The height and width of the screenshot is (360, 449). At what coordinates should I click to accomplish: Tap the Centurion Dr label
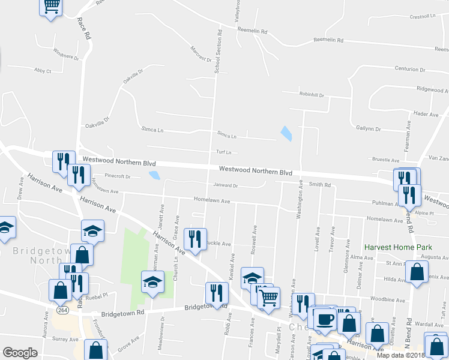(x=409, y=69)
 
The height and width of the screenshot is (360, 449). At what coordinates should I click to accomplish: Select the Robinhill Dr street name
(x=312, y=95)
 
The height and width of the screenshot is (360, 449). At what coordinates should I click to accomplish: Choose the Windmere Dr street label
(x=66, y=53)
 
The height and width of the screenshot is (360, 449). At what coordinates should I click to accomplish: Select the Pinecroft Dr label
(x=117, y=176)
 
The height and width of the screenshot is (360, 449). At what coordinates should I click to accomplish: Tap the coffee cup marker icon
(x=325, y=319)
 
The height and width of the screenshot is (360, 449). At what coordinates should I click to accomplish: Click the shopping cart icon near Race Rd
(x=51, y=6)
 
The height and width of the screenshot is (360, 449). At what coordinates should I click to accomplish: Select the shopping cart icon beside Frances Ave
(x=269, y=296)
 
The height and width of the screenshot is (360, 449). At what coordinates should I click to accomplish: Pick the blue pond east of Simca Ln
(x=286, y=133)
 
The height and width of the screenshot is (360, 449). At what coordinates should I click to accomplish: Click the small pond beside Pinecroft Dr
(x=155, y=175)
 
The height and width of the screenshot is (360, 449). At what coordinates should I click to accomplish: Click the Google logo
(x=20, y=353)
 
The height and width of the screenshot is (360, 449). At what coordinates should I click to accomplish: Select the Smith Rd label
(x=320, y=185)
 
